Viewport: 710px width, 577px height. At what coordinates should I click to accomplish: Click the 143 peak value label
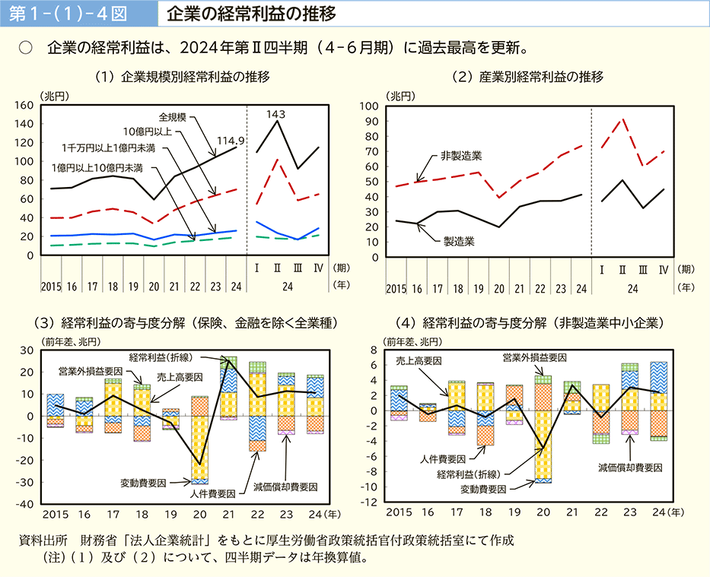tap(275, 115)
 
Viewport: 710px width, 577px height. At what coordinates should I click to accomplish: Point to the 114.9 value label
tap(230, 140)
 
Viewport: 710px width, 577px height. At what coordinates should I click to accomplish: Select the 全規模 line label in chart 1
tap(174, 118)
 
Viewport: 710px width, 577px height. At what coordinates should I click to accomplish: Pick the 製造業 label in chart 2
tap(460, 241)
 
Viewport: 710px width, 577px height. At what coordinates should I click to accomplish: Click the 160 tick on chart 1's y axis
tap(25, 105)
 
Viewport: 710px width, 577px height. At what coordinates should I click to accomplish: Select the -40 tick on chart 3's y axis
tap(25, 504)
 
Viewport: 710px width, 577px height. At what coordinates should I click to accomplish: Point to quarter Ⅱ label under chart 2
tap(622, 270)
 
